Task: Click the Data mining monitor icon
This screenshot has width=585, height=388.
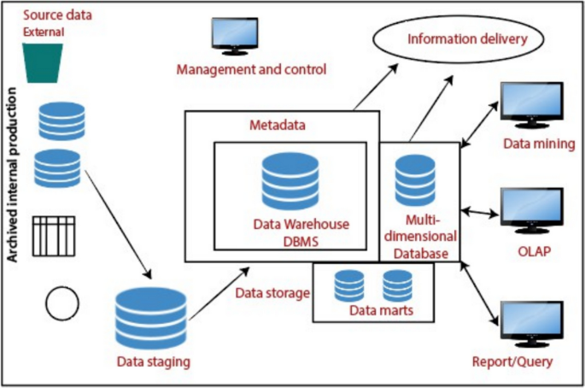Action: (531, 105)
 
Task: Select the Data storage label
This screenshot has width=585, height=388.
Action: (272, 294)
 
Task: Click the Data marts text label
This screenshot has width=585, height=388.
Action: (382, 311)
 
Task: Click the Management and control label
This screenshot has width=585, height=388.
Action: (251, 68)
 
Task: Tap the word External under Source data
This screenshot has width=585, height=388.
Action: (44, 32)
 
